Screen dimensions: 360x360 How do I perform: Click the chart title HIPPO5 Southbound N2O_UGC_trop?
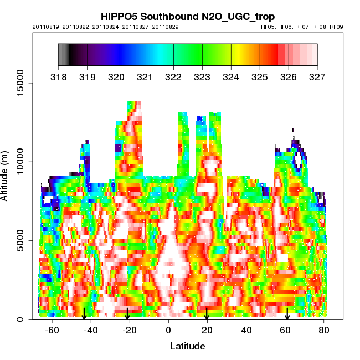click(187, 17)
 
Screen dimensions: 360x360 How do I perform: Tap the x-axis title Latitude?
click(187, 346)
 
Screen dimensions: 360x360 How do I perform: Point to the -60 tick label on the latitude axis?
click(52, 330)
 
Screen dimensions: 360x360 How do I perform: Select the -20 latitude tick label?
click(130, 330)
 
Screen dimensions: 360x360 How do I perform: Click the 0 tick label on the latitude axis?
click(168, 330)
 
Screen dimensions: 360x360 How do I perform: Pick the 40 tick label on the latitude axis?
click(246, 330)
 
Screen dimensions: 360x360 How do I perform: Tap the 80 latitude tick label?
click(324, 330)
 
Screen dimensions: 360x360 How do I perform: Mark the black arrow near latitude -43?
click(84, 314)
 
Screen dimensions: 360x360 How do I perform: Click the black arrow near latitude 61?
click(287, 314)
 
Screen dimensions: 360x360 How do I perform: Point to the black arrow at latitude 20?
click(207, 314)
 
